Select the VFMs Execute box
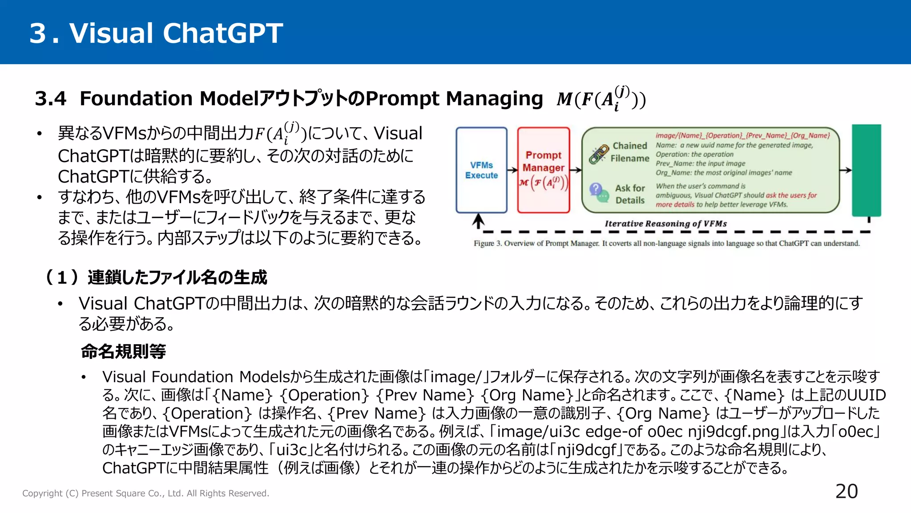point(481,170)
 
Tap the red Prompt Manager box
point(543,169)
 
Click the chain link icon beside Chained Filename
point(599,154)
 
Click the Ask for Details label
point(630,194)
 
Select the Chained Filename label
point(630,152)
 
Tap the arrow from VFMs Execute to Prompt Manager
point(512,170)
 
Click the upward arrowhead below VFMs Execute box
point(478,220)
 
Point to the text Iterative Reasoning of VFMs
point(665,224)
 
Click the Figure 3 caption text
point(666,244)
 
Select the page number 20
point(846,491)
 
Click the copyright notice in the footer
point(145,493)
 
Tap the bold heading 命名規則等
point(123,351)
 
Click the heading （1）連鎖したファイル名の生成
point(156,277)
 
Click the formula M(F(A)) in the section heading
point(601,98)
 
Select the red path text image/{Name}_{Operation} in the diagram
point(742,135)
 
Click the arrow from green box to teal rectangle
point(845,170)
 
